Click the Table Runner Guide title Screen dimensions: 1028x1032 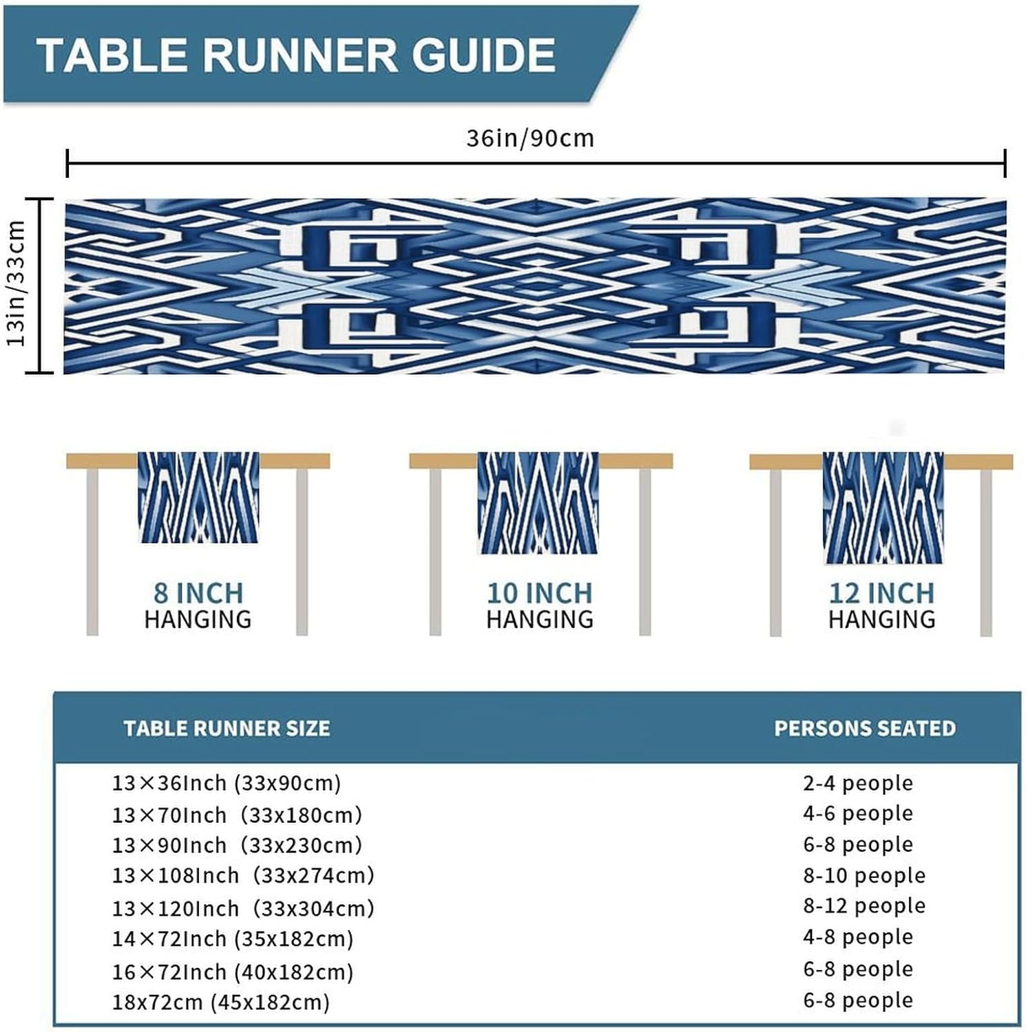(x=296, y=55)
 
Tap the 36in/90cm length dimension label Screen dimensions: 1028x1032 (x=530, y=138)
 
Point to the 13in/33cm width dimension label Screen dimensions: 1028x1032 (x=16, y=283)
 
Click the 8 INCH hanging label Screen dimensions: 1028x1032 (x=198, y=605)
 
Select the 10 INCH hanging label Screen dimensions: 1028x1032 (x=540, y=605)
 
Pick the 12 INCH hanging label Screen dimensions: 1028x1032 (x=882, y=605)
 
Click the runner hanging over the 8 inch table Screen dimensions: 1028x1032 (x=199, y=497)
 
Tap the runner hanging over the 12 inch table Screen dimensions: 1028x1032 (x=883, y=508)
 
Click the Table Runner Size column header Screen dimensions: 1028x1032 (x=227, y=729)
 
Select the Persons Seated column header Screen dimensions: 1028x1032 (x=865, y=729)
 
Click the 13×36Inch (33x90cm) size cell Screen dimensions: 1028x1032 (x=227, y=783)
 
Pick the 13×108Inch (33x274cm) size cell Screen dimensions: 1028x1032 (x=243, y=876)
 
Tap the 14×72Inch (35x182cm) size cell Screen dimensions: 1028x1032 (x=233, y=939)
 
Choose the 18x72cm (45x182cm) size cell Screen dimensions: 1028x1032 (x=221, y=1002)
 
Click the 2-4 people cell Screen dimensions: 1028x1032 (x=858, y=783)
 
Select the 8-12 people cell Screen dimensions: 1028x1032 (x=864, y=906)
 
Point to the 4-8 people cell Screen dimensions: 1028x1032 (x=858, y=937)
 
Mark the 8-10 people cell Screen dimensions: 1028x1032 (x=864, y=876)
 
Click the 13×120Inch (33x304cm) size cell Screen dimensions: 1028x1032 (x=243, y=909)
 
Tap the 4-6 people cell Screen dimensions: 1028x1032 (x=858, y=814)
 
